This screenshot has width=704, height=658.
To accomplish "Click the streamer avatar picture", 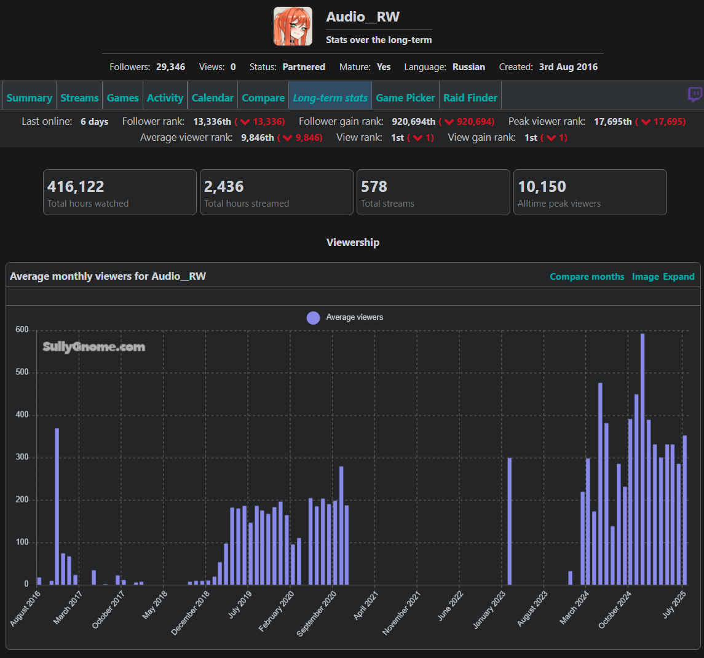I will click(293, 26).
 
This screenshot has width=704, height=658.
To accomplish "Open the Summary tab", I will click(29, 98).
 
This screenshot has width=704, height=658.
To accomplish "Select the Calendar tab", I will click(212, 98).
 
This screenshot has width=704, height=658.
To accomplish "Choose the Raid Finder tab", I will click(470, 98).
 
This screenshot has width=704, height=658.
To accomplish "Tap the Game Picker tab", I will click(405, 98).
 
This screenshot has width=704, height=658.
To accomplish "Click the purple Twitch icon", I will click(695, 95).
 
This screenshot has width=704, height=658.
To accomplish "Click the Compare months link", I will click(587, 277).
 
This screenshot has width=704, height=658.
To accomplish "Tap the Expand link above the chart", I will click(679, 277).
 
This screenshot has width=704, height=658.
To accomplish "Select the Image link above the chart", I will click(645, 277).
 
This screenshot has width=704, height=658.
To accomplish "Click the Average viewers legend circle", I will click(313, 317).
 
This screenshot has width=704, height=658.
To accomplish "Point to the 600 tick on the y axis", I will click(22, 330).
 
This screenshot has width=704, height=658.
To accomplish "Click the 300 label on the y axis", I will click(22, 458).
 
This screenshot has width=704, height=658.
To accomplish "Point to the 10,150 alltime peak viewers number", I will click(542, 186).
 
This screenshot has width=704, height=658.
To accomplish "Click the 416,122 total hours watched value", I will click(76, 186).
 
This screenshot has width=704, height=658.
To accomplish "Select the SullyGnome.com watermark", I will click(94, 347).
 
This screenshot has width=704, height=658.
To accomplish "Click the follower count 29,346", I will click(170, 67).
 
